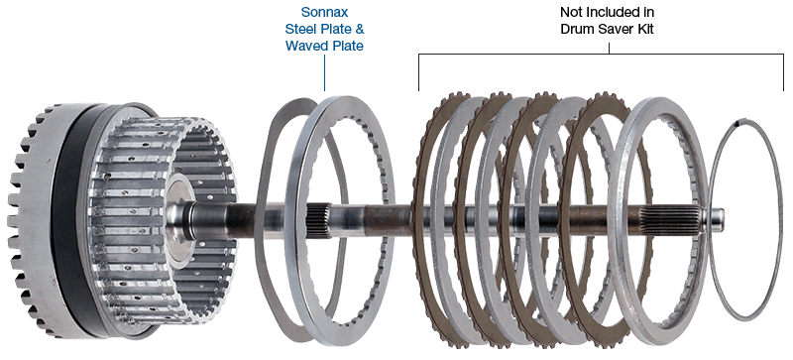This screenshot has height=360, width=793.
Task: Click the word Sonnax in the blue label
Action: [324, 12]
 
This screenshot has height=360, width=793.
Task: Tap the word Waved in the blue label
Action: [304, 46]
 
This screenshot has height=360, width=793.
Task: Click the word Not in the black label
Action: [570, 12]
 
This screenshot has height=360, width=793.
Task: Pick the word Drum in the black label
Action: [576, 29]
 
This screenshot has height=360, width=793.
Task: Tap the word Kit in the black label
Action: [645, 29]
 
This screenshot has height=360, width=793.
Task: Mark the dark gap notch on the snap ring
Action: [738, 122]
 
